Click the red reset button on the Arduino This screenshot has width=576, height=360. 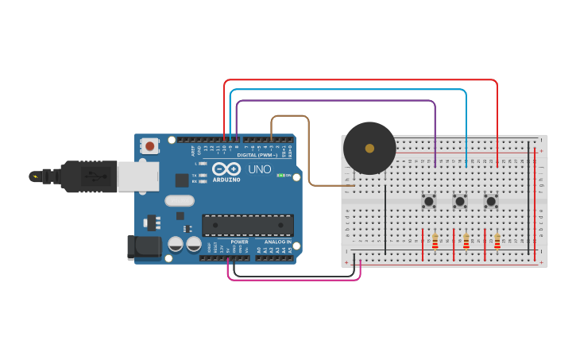pos(149,145)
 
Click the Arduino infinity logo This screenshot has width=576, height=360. pos(226,169)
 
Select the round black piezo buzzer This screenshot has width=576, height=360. pos(369,148)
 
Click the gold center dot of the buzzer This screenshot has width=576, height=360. pos(369,148)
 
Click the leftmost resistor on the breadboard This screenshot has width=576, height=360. pos(435,241)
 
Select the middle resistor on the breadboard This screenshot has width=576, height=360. pos(466,241)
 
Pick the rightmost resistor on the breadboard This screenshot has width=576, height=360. pos(497,241)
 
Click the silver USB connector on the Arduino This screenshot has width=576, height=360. pos(137,176)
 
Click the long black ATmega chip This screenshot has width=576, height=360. pos(247,225)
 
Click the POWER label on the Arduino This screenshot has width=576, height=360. pos(239,242)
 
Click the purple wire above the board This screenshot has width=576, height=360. pos(334,101)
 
